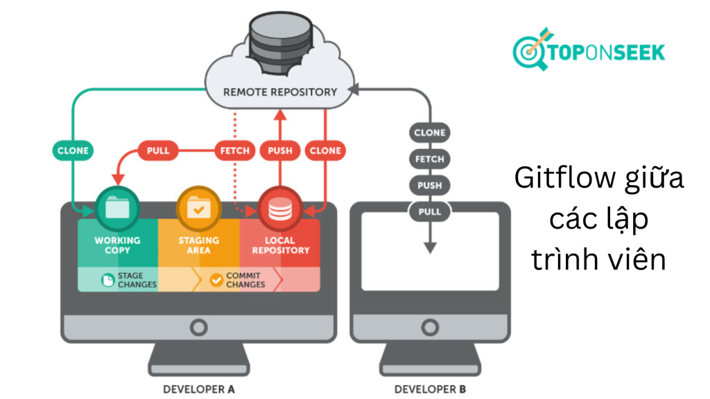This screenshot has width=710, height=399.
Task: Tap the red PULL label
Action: click(158, 150)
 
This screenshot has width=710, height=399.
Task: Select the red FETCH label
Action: click(234, 150)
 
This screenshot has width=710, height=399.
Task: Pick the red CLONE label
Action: click(325, 150)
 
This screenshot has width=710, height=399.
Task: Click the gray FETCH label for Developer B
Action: click(430, 159)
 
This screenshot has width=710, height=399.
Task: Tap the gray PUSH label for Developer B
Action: click(430, 185)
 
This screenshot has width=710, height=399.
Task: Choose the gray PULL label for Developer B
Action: click(430, 211)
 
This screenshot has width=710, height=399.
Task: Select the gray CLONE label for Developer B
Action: click(430, 132)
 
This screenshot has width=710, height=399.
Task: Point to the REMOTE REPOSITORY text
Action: click(280, 91)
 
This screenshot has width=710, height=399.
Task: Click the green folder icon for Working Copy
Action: click(116, 207)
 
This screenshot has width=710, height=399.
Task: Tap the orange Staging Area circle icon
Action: click(198, 207)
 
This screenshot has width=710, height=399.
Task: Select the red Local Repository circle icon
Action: click(279, 207)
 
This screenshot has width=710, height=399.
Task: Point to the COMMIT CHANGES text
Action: click(245, 280)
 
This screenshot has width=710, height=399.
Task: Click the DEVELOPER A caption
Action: click(198, 389)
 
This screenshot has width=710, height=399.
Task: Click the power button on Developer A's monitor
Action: click(198, 327)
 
